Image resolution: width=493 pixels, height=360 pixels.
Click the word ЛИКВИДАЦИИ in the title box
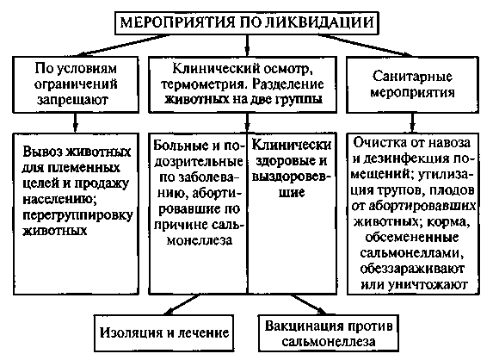(320, 22)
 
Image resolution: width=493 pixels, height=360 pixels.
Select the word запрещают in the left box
(72, 100)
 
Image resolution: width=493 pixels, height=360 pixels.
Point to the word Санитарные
(412, 77)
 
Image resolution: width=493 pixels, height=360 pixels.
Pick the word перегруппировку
(77, 216)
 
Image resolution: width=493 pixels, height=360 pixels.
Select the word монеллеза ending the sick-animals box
(200, 241)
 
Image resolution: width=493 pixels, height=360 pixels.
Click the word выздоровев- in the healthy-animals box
(292, 177)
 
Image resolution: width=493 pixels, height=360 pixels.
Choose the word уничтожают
(428, 285)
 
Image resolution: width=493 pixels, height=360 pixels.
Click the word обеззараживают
(412, 270)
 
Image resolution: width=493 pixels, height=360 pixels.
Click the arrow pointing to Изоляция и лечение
(182, 305)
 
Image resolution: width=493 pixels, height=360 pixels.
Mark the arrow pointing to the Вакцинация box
(309, 305)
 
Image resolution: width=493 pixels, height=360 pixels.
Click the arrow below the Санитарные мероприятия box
(412, 122)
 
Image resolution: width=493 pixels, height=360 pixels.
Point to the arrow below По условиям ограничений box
(75, 122)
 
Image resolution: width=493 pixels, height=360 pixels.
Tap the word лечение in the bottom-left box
(204, 333)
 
